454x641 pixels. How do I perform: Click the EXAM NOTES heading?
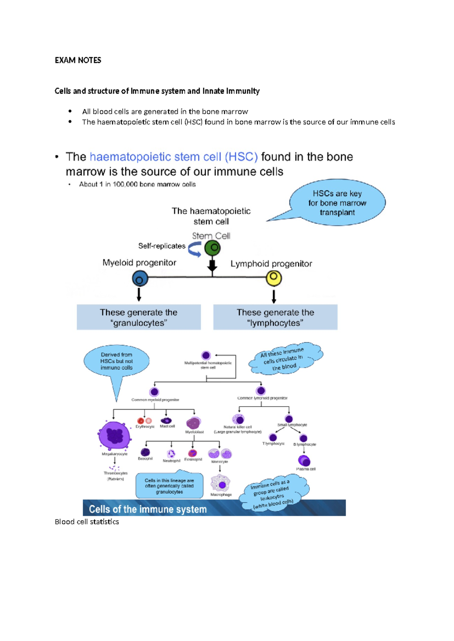coord(78,60)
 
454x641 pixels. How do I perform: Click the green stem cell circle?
coord(212,248)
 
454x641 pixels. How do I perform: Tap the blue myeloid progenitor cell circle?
coord(140,279)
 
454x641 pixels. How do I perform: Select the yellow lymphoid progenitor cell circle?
coord(274,278)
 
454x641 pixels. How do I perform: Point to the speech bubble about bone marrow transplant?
coord(337,203)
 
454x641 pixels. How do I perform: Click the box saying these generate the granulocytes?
coord(139,317)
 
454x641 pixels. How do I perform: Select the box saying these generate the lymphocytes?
coord(275,317)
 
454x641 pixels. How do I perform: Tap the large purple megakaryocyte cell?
coord(115,435)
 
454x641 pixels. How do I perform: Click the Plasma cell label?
coord(306,469)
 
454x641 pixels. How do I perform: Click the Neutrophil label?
coord(171,461)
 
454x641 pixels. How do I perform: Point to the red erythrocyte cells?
coord(145,421)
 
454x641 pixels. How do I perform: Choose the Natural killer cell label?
coord(238,427)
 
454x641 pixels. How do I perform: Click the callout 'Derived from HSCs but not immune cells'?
coord(117,361)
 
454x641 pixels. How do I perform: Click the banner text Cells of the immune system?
coord(148,509)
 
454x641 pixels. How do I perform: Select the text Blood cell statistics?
coord(87,522)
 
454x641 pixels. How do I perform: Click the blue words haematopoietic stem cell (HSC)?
coord(174,157)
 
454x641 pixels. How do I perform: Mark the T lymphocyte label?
coord(273,444)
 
